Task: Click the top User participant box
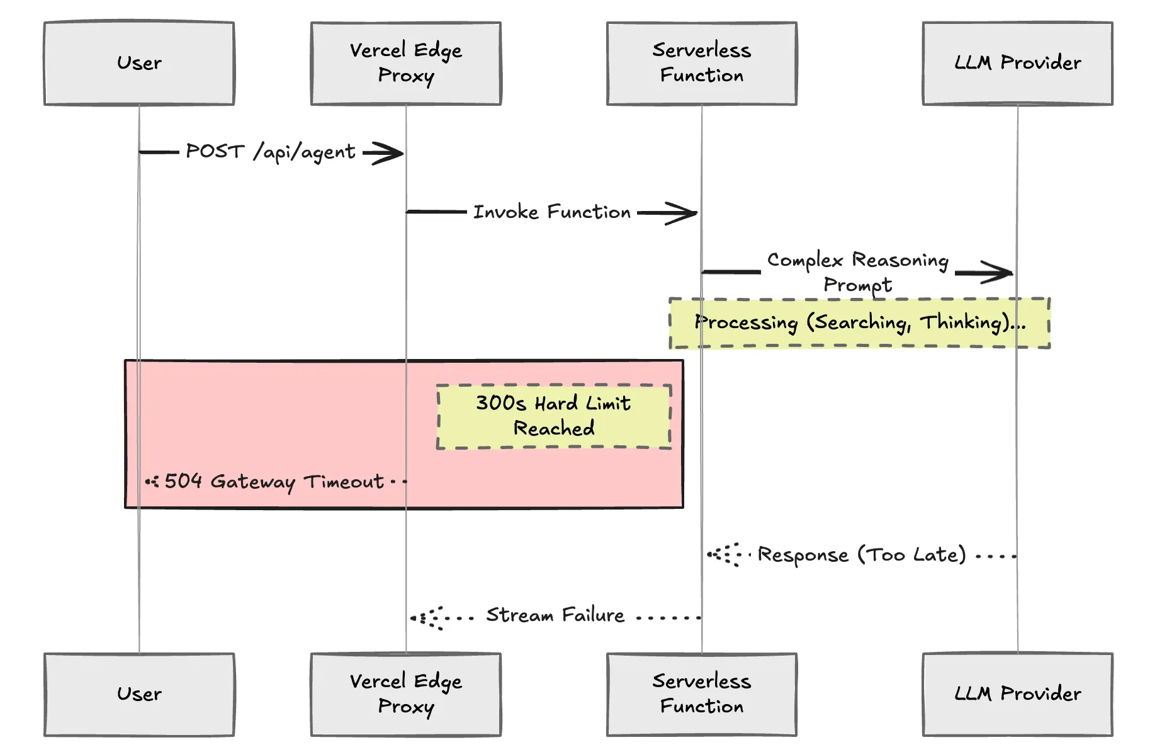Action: click(139, 63)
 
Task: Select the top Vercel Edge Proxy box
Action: click(406, 63)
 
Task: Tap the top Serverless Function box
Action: click(701, 63)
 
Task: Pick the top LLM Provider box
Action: click(1017, 63)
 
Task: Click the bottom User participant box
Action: click(139, 694)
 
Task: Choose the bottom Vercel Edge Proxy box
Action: click(406, 694)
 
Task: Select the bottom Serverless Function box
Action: click(701, 694)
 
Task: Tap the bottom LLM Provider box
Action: click(1017, 694)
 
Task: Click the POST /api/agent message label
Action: click(271, 152)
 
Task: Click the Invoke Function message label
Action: click(551, 212)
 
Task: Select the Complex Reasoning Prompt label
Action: click(857, 272)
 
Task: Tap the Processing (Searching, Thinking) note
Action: click(859, 323)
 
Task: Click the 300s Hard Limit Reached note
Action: click(553, 416)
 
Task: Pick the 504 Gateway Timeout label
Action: click(274, 482)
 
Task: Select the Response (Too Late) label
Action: click(861, 555)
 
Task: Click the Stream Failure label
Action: click(555, 615)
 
